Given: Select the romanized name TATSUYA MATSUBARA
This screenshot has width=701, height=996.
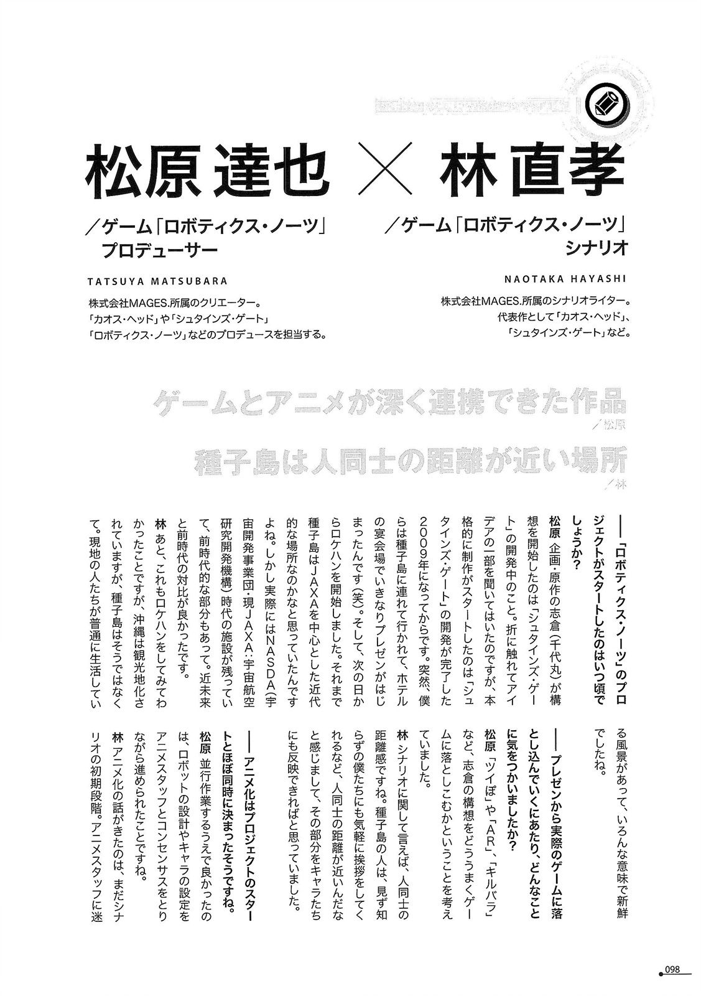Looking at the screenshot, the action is [x=158, y=281].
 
